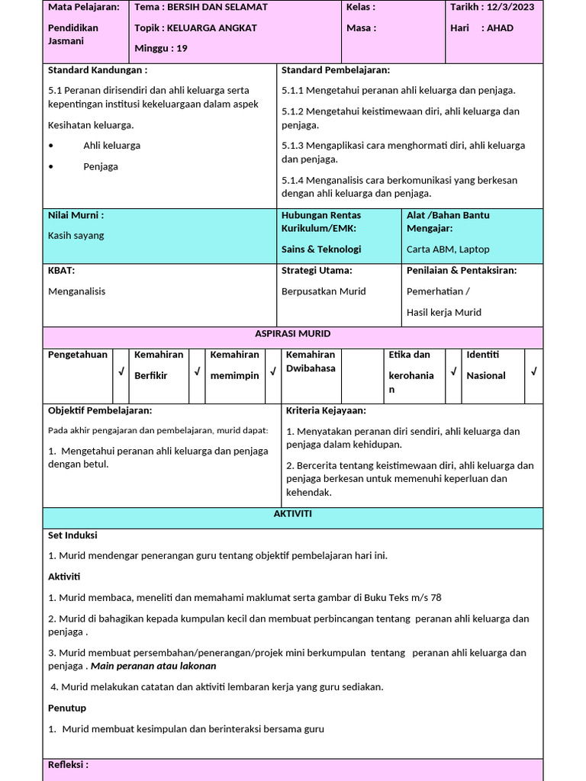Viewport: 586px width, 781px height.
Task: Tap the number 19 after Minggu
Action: (x=181, y=48)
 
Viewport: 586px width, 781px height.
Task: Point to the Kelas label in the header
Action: (x=359, y=7)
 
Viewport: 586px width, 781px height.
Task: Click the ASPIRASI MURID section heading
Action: (x=293, y=334)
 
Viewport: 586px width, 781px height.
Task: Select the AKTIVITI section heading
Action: (x=293, y=514)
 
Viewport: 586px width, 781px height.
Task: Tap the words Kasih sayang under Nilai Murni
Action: (x=76, y=236)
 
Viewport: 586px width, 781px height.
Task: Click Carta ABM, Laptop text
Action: (x=448, y=249)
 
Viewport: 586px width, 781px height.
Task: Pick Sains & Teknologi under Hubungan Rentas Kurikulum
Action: (x=321, y=249)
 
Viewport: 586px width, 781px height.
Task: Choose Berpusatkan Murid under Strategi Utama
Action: (x=324, y=291)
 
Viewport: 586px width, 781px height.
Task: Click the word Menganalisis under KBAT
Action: (x=76, y=291)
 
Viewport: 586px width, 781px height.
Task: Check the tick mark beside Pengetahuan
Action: (x=121, y=372)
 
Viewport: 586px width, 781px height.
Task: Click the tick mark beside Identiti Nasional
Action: (x=533, y=372)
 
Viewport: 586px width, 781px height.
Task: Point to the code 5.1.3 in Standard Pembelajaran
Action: (x=294, y=146)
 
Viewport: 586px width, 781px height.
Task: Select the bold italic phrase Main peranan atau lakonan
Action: (x=153, y=666)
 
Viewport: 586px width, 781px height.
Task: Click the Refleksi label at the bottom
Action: (x=68, y=764)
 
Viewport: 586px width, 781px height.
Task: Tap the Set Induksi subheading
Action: (x=72, y=535)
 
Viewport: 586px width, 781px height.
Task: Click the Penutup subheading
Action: (x=67, y=708)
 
